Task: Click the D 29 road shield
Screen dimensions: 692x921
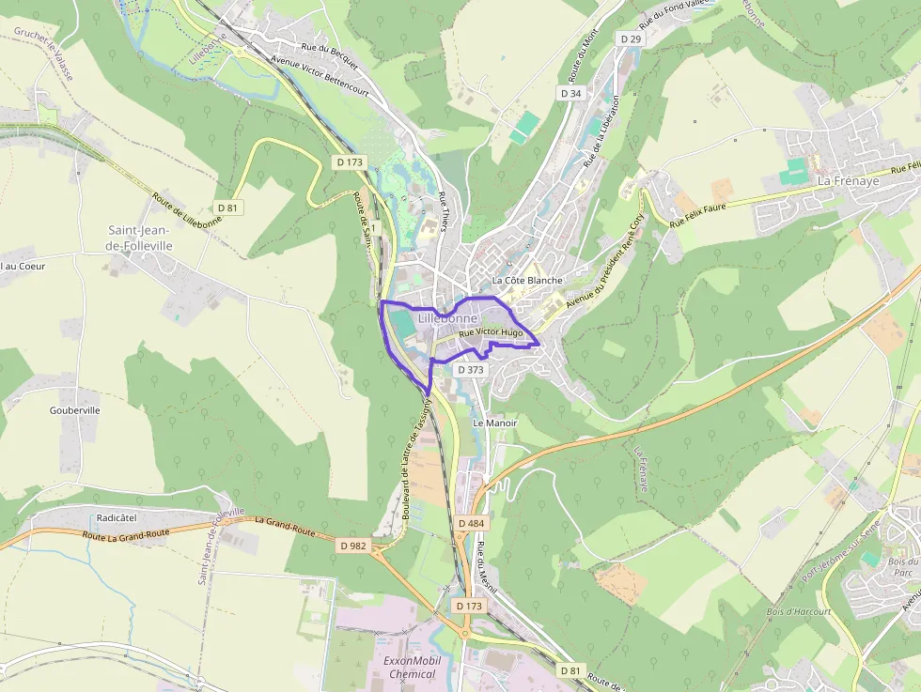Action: point(630,38)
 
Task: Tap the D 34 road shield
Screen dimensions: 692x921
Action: point(570,93)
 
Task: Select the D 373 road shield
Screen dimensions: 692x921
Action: point(471,370)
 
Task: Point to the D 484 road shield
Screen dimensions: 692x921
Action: point(471,522)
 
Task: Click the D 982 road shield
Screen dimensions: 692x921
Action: point(353,546)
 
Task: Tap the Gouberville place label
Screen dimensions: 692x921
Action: point(75,410)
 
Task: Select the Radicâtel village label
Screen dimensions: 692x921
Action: point(118,517)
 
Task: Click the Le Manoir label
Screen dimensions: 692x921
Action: point(494,423)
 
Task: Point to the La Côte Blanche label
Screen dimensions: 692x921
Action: point(527,280)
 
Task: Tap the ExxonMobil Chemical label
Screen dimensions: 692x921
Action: point(410,667)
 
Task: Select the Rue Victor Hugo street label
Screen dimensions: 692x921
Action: point(491,332)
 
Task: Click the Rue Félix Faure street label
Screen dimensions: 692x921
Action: point(701,218)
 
